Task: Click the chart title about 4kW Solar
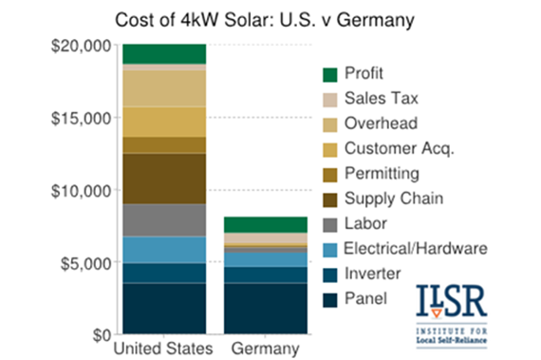click(270, 20)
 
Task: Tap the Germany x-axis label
click(258, 351)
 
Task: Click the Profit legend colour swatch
click(329, 74)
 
